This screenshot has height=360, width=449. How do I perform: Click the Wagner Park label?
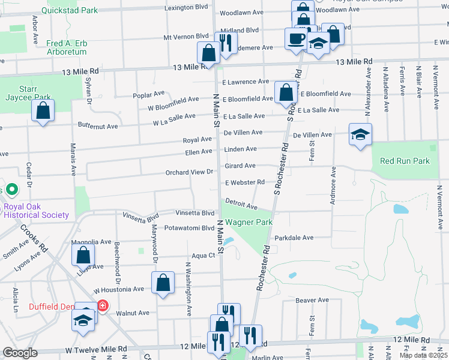click(249, 222)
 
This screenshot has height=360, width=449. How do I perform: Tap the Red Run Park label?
click(405, 161)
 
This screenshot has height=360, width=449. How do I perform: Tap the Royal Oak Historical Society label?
click(36, 211)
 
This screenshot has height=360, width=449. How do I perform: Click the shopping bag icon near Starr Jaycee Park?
click(43, 110)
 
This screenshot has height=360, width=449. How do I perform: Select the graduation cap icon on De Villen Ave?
click(360, 134)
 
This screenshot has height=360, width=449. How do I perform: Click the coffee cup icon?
click(296, 38)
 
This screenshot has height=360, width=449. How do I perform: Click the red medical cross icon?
click(103, 307)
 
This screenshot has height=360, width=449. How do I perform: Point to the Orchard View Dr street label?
click(190, 172)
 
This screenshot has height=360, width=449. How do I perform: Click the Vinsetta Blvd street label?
click(194, 212)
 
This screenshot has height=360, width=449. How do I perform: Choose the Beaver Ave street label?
click(312, 299)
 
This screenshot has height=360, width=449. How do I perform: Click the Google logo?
click(20, 353)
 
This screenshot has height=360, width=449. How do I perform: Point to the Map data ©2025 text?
click(423, 355)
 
